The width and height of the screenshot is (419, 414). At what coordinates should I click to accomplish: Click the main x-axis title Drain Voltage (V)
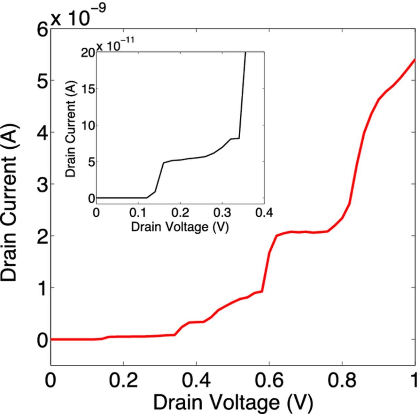233,402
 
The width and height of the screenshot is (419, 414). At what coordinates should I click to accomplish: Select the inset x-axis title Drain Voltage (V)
180,226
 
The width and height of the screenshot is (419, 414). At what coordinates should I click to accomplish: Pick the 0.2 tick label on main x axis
123,381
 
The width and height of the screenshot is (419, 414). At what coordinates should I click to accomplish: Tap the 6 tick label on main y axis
43,30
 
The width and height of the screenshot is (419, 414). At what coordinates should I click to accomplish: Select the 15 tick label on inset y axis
88,89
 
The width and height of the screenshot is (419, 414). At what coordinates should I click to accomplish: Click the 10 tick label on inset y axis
88,125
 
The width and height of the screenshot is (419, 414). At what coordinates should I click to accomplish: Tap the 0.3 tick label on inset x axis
222,213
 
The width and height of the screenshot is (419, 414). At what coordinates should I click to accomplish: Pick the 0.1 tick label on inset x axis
138,213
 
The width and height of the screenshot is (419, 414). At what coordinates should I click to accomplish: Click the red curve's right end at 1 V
414,60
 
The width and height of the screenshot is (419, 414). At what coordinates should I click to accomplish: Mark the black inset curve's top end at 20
246,52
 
